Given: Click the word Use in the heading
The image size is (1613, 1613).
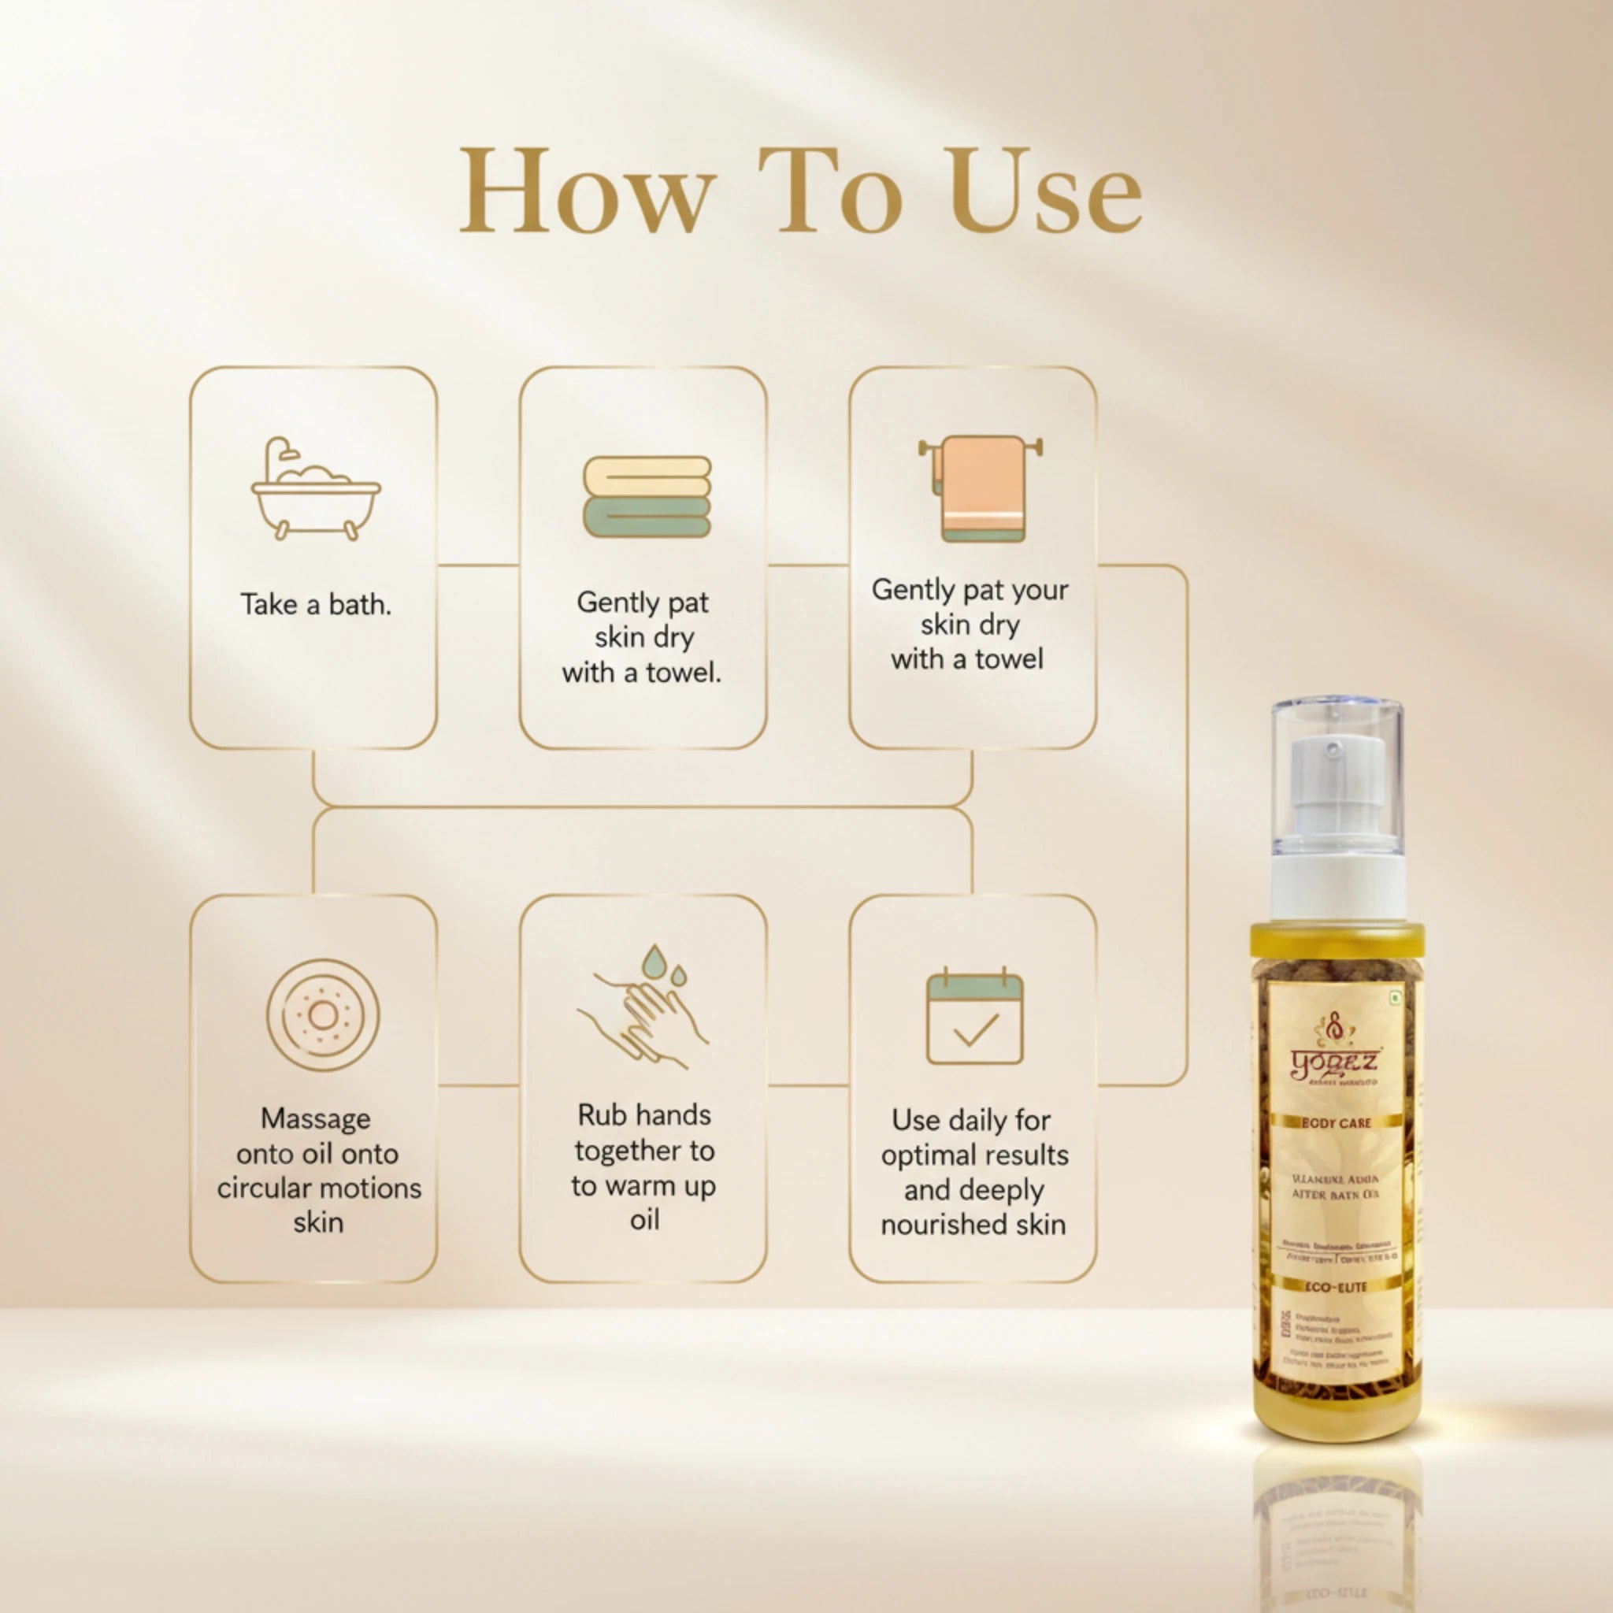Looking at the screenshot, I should (x=1044, y=192).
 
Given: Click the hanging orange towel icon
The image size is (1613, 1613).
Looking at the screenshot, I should (x=982, y=488).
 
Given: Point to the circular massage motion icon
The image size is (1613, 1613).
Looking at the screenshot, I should (x=323, y=1015).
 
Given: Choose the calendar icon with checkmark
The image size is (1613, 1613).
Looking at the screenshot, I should (x=974, y=1018).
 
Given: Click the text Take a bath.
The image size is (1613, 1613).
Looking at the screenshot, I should (x=316, y=604).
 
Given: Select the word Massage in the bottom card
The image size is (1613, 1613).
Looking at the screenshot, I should (x=316, y=1118).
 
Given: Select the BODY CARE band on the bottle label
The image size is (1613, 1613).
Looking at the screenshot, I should (x=1336, y=1124).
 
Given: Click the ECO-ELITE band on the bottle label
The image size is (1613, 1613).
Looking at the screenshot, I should (x=1336, y=1288).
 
